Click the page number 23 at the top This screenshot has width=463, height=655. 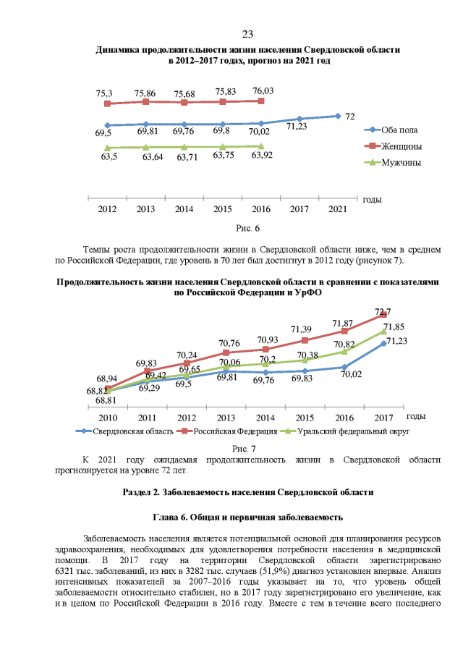247,35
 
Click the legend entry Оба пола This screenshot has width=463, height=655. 399,130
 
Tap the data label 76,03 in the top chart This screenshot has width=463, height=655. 263,91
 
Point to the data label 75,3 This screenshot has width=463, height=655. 104,94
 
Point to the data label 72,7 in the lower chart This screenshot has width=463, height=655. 383,312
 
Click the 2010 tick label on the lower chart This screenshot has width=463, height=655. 109,418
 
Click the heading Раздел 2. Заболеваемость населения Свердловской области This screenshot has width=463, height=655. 247,492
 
